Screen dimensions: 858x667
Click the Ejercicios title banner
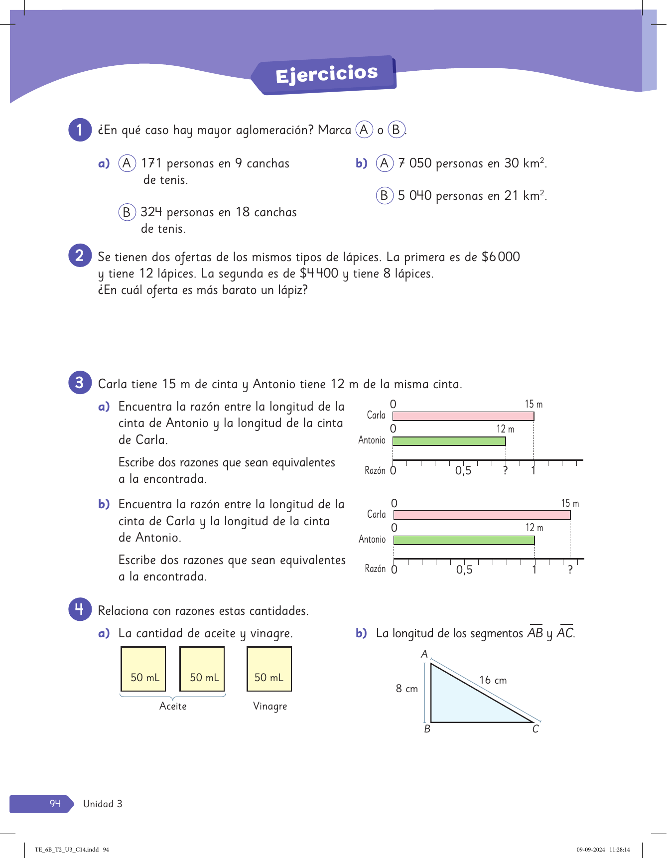(326, 75)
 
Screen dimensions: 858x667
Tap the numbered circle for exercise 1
(80, 130)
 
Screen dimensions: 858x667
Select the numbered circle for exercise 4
(80, 609)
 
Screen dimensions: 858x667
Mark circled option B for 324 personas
(127, 212)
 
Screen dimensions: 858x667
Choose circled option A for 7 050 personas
(384, 163)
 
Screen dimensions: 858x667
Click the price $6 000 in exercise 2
(501, 257)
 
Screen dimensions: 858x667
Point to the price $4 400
(319, 274)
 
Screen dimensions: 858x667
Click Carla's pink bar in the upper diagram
(463, 416)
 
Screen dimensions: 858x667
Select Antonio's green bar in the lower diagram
(464, 540)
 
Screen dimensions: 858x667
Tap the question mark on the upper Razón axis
(505, 470)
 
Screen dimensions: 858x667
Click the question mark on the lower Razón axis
(570, 570)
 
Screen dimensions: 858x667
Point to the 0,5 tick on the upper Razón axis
(463, 470)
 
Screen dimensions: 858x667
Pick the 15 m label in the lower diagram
(570, 503)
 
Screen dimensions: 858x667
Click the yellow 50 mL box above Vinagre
(269, 669)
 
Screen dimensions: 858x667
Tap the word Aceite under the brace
(173, 706)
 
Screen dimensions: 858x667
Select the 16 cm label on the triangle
(493, 680)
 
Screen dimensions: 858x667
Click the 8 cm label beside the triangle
(406, 689)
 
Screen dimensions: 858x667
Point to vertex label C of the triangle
(535, 729)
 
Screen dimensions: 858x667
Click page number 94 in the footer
(55, 804)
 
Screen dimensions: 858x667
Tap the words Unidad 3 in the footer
(103, 804)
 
